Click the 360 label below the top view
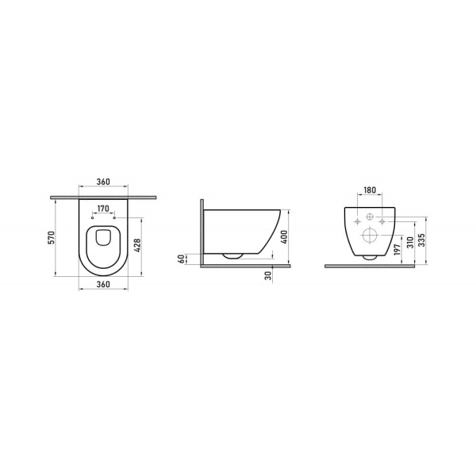coord(104,283)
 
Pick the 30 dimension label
coord(270,274)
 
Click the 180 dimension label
coord(370,191)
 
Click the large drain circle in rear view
coord(370,236)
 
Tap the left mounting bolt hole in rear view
coord(358,221)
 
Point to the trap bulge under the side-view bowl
coord(232,256)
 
